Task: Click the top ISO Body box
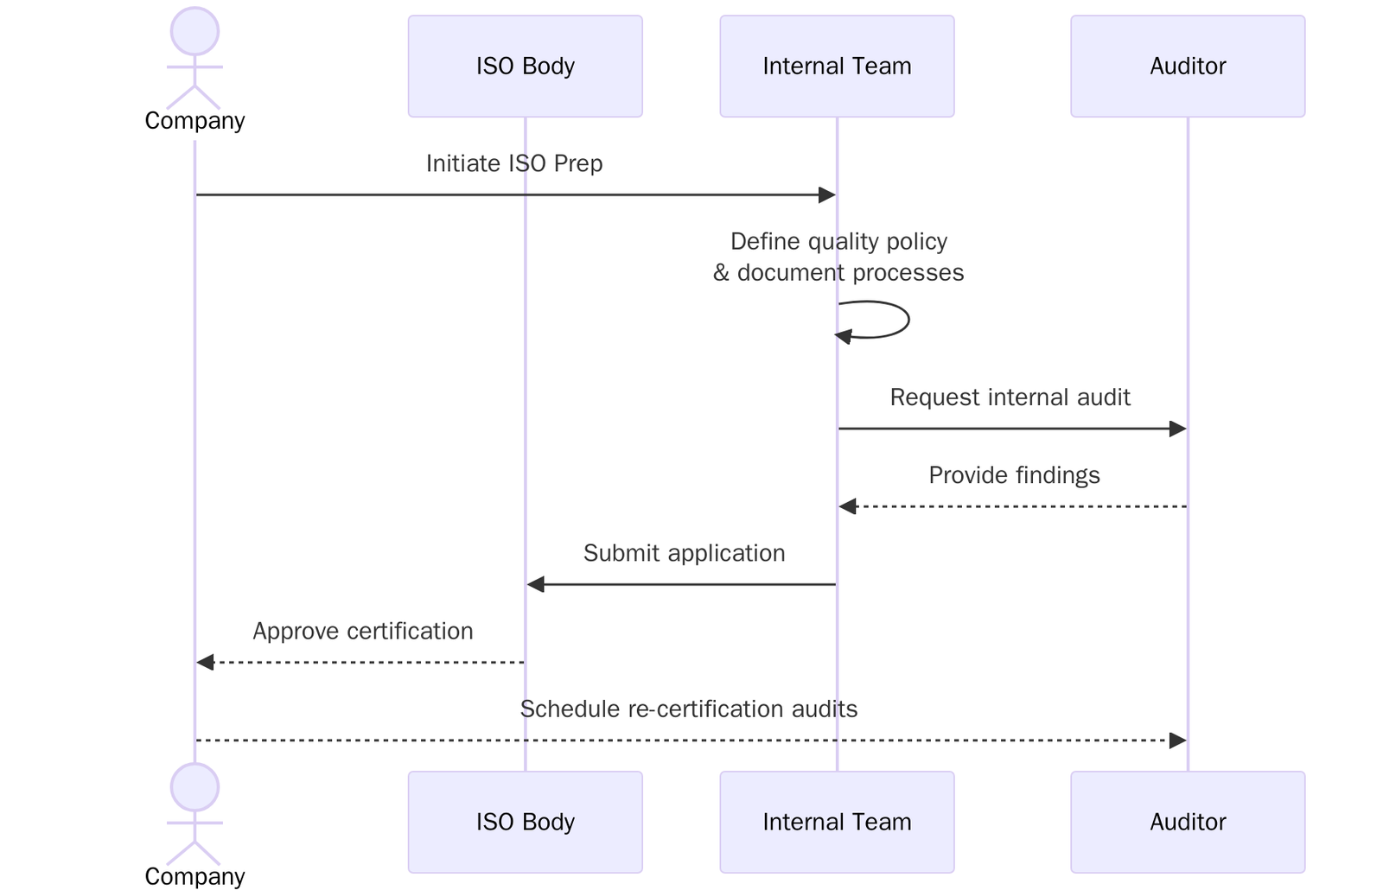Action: [x=525, y=66]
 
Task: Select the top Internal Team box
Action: [x=836, y=66]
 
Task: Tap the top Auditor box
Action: [x=1187, y=66]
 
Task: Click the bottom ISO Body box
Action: [x=525, y=822]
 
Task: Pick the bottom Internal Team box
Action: [x=836, y=822]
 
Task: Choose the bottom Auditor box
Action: [x=1187, y=822]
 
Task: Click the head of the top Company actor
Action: [x=194, y=32]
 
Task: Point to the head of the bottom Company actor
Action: [x=194, y=787]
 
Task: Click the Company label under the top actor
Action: [x=194, y=121]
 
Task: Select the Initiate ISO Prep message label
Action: [x=514, y=163]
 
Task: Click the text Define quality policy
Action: [x=838, y=241]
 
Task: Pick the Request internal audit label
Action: [x=1010, y=397]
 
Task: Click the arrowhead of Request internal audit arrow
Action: [x=1177, y=429]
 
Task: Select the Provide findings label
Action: [x=1014, y=475]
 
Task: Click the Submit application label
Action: [x=684, y=553]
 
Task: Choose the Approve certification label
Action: [x=362, y=631]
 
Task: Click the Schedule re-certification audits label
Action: [x=688, y=709]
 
